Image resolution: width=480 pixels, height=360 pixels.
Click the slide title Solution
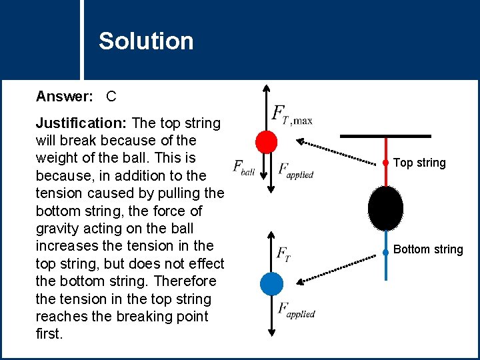(146, 41)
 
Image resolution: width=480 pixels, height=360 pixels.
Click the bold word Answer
(64, 96)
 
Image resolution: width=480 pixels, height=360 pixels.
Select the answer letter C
(111, 96)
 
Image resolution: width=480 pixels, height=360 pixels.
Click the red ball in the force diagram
(266, 141)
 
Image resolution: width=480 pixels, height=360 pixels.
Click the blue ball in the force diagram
(271, 283)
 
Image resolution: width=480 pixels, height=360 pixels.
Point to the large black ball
(385, 208)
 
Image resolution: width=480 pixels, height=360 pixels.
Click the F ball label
(243, 168)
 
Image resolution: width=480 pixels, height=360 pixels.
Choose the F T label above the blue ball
(283, 254)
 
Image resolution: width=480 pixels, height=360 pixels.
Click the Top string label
(419, 163)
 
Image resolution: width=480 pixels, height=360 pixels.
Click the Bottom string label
(428, 249)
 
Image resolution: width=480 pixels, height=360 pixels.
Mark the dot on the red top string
(385, 163)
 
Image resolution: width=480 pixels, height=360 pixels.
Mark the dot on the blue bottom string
(385, 252)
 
